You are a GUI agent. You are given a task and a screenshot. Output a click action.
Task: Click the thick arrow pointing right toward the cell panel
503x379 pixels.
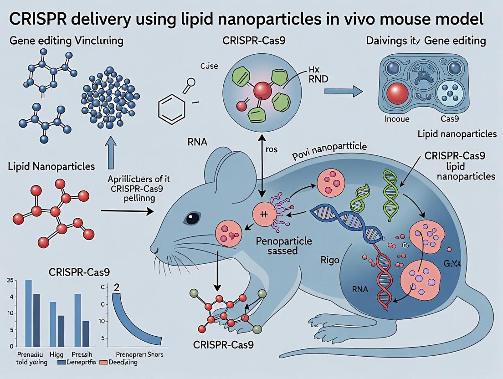pos(343,92)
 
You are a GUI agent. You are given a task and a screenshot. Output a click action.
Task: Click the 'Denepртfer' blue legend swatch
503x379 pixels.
pos(62,363)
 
